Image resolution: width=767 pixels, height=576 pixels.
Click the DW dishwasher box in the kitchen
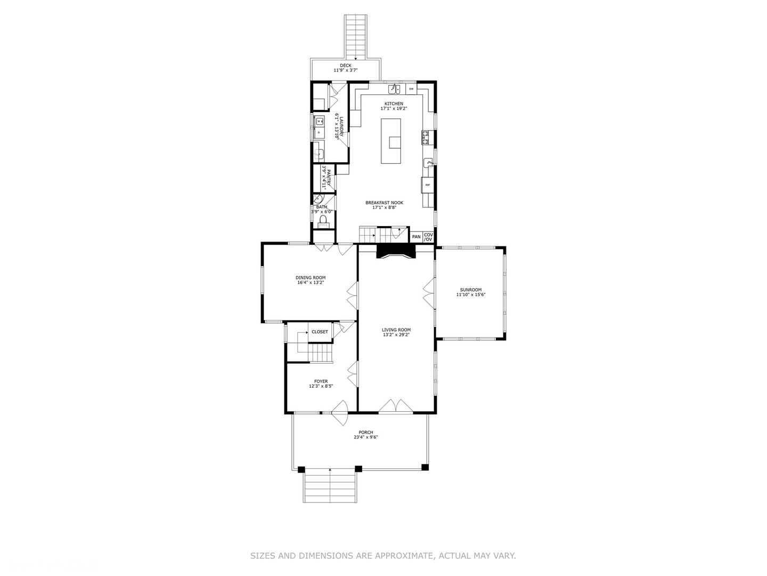click(x=411, y=89)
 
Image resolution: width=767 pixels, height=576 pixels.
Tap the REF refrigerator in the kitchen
click(x=427, y=185)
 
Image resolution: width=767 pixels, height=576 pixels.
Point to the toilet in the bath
click(x=323, y=220)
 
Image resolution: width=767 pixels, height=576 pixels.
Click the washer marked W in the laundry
click(x=319, y=121)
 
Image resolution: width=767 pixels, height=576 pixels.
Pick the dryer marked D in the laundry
click(x=319, y=132)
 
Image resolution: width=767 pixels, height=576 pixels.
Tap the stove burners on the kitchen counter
click(x=425, y=138)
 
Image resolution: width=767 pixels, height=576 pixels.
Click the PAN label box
click(x=416, y=237)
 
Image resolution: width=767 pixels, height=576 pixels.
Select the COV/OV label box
click(x=428, y=237)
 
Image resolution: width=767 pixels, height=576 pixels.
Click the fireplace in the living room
click(x=395, y=252)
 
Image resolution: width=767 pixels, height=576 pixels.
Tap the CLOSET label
click(x=320, y=332)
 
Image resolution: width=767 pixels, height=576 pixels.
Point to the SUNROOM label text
click(x=471, y=290)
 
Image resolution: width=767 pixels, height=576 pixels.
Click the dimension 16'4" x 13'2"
click(x=311, y=282)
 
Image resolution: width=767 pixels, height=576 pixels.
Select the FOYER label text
click(x=321, y=381)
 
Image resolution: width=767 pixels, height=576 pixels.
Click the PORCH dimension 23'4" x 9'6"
click(x=365, y=437)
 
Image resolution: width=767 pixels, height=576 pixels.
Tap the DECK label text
click(x=346, y=66)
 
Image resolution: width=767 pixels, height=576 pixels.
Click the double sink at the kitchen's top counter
click(x=394, y=89)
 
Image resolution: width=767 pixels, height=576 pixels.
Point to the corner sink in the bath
click(x=317, y=200)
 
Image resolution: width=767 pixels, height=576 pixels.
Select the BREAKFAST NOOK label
click(x=384, y=203)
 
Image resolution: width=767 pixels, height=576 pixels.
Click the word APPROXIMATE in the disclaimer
click(x=404, y=556)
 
